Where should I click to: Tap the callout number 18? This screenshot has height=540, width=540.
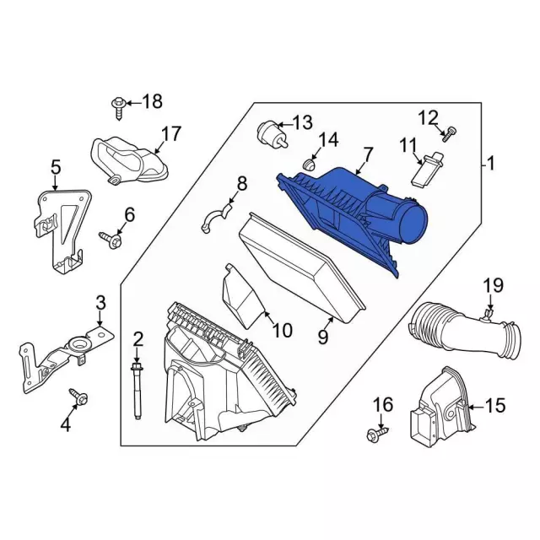pyautogui.click(x=152, y=101)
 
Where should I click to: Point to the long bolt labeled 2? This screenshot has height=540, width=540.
pyautogui.click(x=137, y=390)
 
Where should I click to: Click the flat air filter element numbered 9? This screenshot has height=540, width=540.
pyautogui.click(x=303, y=268)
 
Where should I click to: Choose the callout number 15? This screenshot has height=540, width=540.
pyautogui.click(x=495, y=405)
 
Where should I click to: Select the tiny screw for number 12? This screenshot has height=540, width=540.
pyautogui.click(x=449, y=134)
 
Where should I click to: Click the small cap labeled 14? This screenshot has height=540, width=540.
pyautogui.click(x=310, y=165)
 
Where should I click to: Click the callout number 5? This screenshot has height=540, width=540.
pyautogui.click(x=56, y=168)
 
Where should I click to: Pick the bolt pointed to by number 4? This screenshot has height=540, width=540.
pyautogui.click(x=79, y=397)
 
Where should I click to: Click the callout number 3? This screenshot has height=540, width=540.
pyautogui.click(x=100, y=304)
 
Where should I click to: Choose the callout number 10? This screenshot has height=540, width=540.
pyautogui.click(x=282, y=331)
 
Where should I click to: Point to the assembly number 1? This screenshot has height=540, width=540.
pyautogui.click(x=491, y=163)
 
